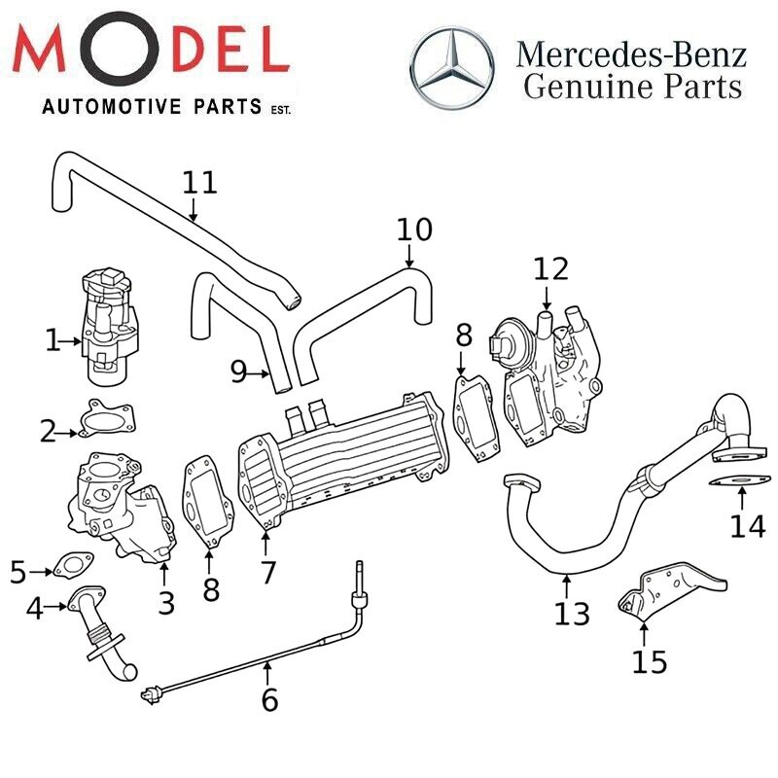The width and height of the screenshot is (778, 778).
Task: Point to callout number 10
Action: pyautogui.click(x=413, y=230)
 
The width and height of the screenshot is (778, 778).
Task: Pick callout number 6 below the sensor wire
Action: pyautogui.click(x=269, y=698)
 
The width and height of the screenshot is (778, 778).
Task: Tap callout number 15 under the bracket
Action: pyautogui.click(x=649, y=661)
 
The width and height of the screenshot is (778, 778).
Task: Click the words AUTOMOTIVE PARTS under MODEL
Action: pyautogui.click(x=151, y=106)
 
